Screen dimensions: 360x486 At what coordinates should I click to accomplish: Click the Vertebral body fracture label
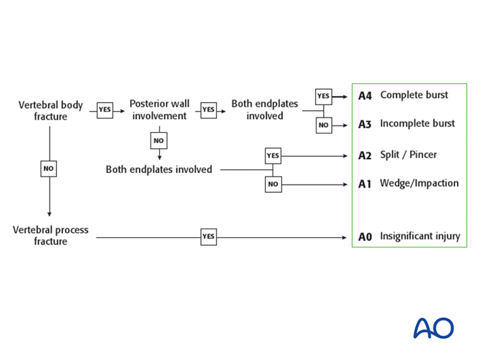point(50,110)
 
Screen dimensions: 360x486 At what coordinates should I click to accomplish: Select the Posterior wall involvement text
point(160,110)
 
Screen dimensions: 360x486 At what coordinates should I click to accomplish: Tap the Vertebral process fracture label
point(50,235)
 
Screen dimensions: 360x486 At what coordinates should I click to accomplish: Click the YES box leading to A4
point(324,96)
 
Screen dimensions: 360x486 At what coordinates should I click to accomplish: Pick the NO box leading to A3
point(324,125)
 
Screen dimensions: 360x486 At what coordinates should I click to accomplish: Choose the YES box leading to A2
point(273,156)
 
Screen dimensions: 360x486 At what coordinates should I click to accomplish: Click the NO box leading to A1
point(273,185)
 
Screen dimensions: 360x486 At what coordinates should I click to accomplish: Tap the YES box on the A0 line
point(208,237)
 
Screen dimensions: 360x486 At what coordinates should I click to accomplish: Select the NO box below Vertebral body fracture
point(49,169)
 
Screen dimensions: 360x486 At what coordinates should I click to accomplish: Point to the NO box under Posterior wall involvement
point(159,140)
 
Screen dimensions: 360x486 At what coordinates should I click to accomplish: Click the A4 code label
point(365,96)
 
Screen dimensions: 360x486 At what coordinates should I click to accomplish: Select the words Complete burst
point(414,95)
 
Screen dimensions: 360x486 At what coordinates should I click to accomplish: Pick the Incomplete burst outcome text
point(417,123)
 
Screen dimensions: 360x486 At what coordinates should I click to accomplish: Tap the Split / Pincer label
point(409,155)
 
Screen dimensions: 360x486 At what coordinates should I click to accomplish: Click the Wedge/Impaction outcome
point(419,183)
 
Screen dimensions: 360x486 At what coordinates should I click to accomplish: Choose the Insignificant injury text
point(420,236)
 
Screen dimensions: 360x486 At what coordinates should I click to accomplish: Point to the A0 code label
point(365,237)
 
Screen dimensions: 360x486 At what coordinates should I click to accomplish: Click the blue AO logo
point(433,328)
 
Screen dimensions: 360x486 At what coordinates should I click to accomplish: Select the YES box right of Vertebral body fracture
point(105,110)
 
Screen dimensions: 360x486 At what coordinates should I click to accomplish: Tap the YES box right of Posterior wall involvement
point(208,110)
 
